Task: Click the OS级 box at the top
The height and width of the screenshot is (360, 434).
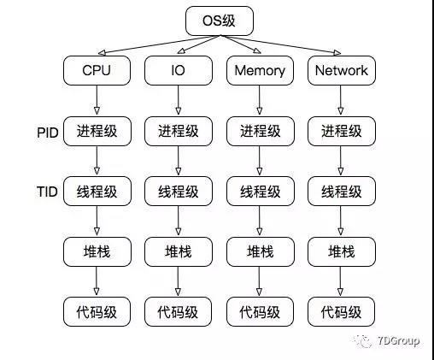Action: [220, 21]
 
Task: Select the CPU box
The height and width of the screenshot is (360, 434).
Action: [97, 70]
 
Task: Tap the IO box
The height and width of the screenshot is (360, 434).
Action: [179, 70]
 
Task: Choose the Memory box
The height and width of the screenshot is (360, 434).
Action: [260, 70]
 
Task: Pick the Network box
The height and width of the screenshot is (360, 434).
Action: [342, 70]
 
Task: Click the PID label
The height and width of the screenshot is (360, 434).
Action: [48, 133]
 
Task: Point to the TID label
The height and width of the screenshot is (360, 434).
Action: [47, 192]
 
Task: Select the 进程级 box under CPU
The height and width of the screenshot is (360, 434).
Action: [97, 131]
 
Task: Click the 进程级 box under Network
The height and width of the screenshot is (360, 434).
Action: [342, 131]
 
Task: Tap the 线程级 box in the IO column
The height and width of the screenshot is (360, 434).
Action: [179, 192]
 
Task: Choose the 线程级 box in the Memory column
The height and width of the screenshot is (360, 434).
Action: [261, 192]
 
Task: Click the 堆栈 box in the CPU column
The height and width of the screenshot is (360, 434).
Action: [97, 251]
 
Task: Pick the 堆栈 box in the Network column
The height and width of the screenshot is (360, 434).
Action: [342, 251]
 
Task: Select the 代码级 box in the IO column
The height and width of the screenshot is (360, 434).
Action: [178, 311]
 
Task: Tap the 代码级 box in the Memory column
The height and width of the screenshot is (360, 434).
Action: [260, 311]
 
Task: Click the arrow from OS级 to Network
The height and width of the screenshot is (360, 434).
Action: [280, 44]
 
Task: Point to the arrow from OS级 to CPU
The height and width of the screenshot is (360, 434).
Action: [159, 44]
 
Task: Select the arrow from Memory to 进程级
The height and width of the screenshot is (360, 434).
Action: [259, 100]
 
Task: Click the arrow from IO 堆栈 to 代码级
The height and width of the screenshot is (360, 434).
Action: [178, 281]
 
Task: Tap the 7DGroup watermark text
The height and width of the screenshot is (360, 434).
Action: [399, 340]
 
